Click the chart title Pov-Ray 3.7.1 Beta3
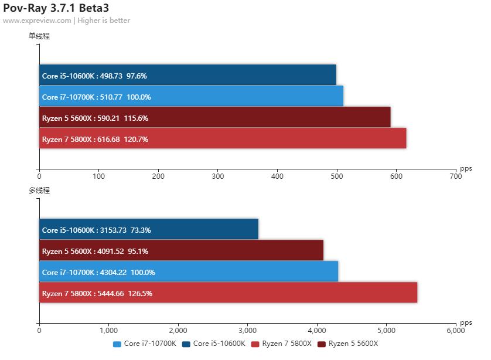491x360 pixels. (56, 8)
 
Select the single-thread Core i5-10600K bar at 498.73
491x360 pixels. (187, 75)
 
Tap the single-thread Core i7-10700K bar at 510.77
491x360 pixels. (191, 96)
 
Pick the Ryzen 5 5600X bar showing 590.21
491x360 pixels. (214, 117)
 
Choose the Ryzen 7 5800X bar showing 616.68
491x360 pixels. (223, 138)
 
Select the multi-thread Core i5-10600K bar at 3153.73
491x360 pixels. (149, 229)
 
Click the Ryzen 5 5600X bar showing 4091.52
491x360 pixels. (181, 250)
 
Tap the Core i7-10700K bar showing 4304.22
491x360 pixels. (189, 271)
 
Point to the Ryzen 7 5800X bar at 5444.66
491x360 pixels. (228, 293)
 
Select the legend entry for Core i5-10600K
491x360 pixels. (214, 344)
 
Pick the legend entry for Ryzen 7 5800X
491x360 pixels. (281, 344)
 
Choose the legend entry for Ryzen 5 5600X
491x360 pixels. (349, 344)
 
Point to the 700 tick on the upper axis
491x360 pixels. (455, 175)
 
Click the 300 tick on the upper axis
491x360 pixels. (218, 175)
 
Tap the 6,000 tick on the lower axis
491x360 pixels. (455, 330)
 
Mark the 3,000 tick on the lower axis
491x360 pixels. (247, 330)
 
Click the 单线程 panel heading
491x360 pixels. (39, 36)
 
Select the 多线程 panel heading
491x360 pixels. (39, 191)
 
